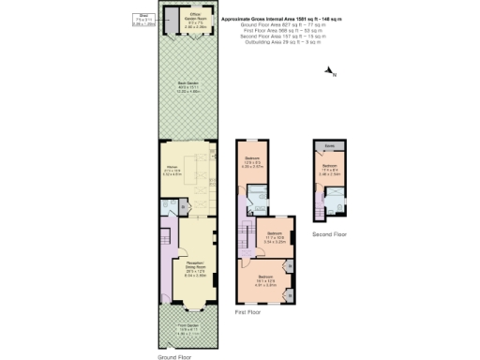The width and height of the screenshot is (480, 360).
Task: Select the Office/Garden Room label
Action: pos(194,20)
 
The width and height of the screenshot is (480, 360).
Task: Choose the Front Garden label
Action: pos(189,330)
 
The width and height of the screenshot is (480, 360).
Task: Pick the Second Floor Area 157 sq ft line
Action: pos(273,37)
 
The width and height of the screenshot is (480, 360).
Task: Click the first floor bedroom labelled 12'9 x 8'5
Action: pos(252,161)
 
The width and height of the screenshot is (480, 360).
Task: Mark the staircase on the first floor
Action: pos(247,230)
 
